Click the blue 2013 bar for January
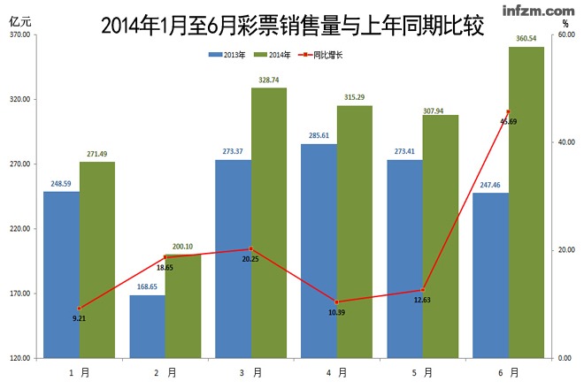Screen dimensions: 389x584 [x=61, y=274]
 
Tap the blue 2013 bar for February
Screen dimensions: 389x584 [x=147, y=326]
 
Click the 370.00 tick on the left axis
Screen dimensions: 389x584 [x=20, y=34]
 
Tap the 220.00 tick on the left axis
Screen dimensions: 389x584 [x=20, y=229]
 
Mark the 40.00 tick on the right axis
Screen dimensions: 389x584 [x=565, y=142]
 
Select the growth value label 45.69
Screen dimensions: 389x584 [x=508, y=121]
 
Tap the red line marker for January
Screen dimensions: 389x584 [x=79, y=308]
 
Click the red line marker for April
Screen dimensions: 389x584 [x=336, y=301]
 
